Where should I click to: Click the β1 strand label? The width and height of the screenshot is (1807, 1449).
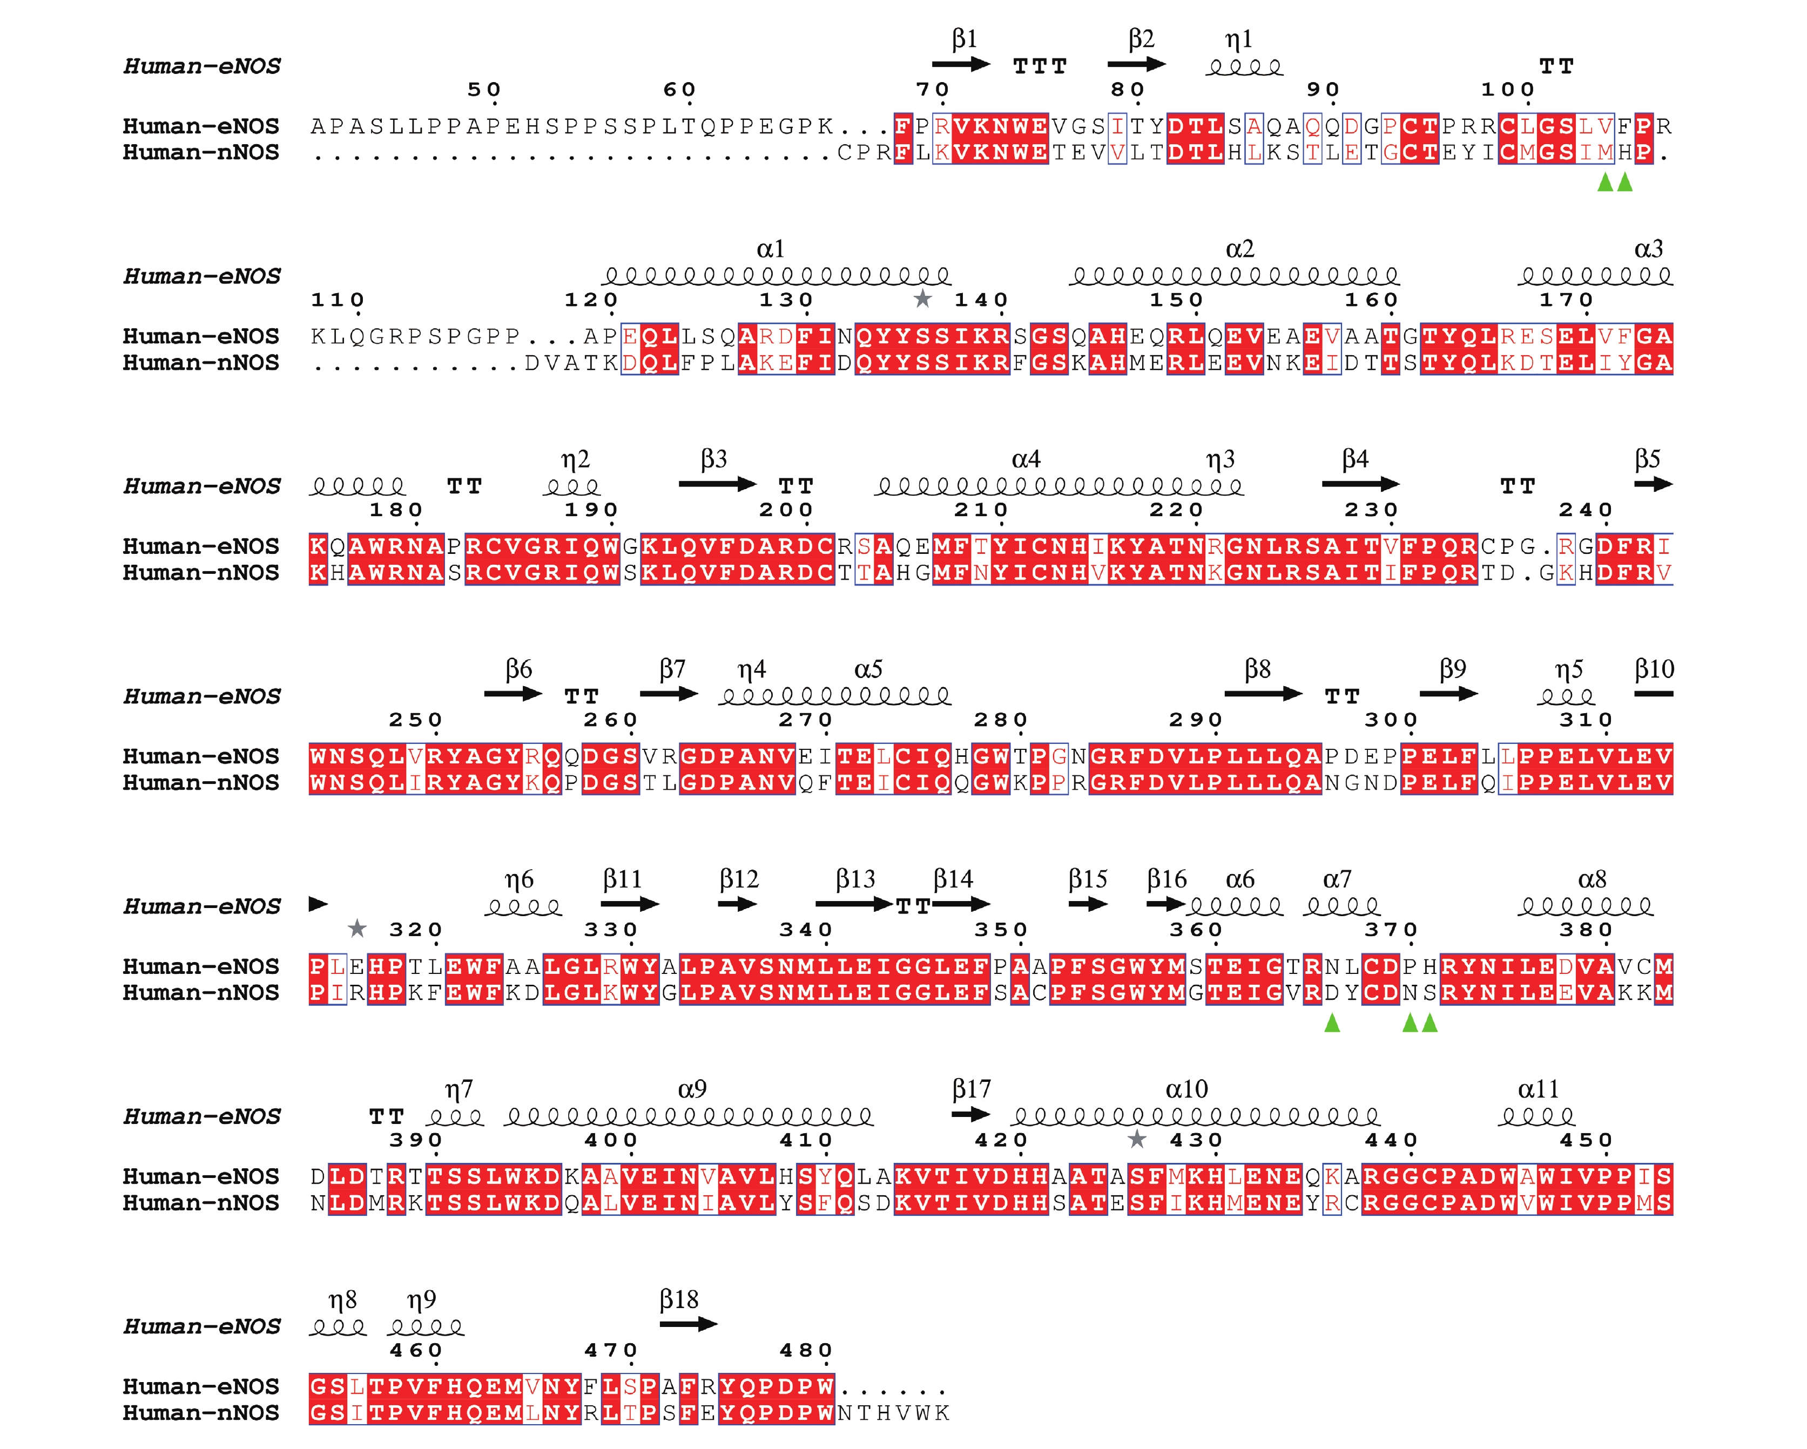coord(965,39)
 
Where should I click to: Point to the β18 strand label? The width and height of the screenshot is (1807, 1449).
coord(679,1300)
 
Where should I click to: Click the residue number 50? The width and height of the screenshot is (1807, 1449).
coord(484,90)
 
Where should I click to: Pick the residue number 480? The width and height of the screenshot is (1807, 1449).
coord(805,1350)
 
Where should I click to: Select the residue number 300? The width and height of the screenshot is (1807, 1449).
coord(1391,720)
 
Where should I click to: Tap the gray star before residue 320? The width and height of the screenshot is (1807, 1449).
coord(357,927)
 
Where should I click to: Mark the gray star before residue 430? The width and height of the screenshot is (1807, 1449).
coord(1136,1138)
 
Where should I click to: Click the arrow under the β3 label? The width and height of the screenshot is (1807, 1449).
coord(717,484)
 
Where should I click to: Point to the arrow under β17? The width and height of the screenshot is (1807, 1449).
coord(972,1115)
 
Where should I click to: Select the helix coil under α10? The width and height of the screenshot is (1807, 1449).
coord(1195,1116)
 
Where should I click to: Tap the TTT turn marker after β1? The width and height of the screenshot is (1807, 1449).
coord(1040,66)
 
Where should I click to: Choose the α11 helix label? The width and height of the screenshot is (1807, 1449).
coord(1538,1089)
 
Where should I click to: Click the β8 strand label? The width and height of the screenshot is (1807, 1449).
coord(1257,669)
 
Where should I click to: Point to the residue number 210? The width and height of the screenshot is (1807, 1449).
coord(981,510)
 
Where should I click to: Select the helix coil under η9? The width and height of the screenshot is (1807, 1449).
coord(426,1328)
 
